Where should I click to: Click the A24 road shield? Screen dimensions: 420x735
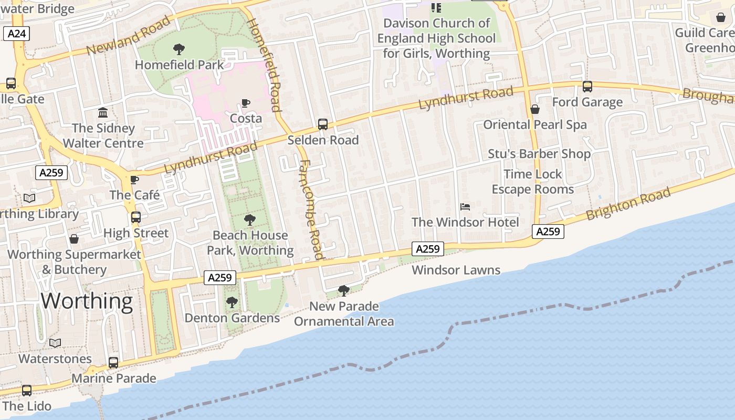[x=17, y=34]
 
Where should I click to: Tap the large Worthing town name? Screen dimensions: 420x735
[x=87, y=301]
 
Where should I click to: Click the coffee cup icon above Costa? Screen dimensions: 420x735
[x=246, y=103]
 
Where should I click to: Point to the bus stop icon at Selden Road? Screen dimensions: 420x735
[x=323, y=124]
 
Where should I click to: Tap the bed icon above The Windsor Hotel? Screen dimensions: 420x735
[x=465, y=207]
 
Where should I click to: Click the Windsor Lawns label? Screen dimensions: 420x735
[x=456, y=270]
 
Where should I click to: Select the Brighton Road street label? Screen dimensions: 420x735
[x=628, y=204]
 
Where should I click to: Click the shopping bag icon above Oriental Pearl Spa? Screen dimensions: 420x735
[x=534, y=109]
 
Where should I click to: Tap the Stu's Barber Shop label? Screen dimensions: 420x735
[x=539, y=154]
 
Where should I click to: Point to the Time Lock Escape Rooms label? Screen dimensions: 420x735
[x=533, y=182]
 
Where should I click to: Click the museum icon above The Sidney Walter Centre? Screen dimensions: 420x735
[x=103, y=113]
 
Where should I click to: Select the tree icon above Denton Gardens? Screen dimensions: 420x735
[x=232, y=302]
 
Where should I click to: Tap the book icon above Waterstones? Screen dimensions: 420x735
[x=55, y=343]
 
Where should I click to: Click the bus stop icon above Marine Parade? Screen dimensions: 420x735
[x=113, y=363]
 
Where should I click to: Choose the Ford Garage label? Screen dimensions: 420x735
[x=587, y=102]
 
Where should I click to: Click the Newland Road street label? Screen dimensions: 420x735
[x=129, y=35]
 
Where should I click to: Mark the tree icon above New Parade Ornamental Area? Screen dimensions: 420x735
[x=344, y=290]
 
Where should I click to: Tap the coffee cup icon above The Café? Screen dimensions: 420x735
[x=134, y=180]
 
